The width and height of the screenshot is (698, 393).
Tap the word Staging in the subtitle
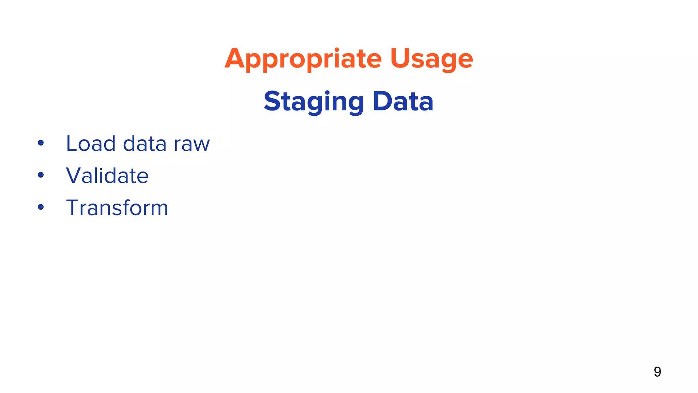pos(314,102)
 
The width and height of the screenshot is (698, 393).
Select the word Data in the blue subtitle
pos(403,101)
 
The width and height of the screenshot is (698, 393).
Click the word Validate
pos(107,176)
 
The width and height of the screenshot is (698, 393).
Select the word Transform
pos(117,208)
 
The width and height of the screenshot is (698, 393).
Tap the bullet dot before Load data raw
pos(41,143)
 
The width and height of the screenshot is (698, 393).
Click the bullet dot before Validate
pos(41,175)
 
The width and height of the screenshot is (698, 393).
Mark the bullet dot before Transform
pos(41,207)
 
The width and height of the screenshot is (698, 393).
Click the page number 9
pos(657,372)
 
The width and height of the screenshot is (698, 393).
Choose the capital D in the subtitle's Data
pos(382,101)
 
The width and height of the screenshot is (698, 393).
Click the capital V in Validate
pos(75,175)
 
